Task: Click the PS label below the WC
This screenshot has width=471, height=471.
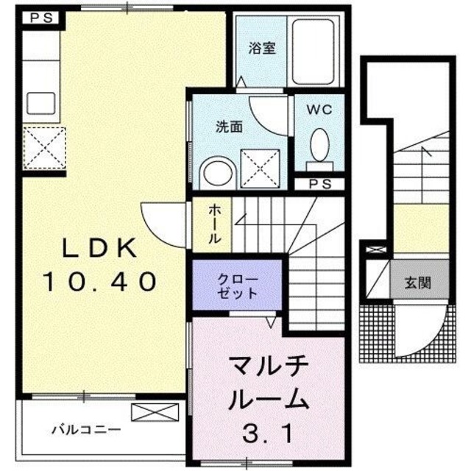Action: (x=319, y=184)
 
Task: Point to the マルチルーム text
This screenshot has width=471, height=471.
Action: (x=266, y=383)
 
